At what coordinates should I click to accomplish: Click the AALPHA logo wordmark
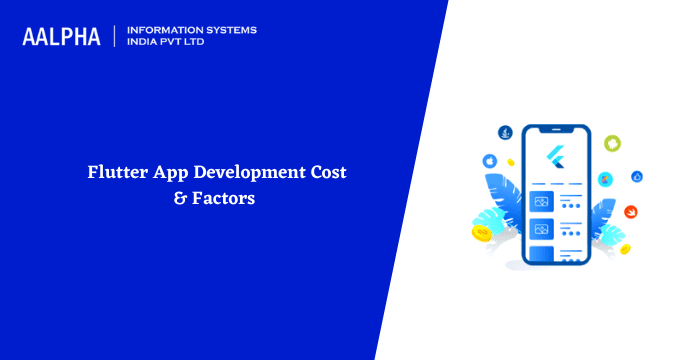click(x=61, y=37)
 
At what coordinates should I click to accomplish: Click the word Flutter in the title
click(x=118, y=173)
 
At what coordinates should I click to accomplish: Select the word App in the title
click(x=175, y=173)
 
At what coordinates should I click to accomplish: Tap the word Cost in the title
click(x=327, y=173)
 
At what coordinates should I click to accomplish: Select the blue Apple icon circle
click(x=490, y=160)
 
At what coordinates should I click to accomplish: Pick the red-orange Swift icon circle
click(x=632, y=211)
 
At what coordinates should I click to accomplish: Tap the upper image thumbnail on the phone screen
click(x=541, y=201)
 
